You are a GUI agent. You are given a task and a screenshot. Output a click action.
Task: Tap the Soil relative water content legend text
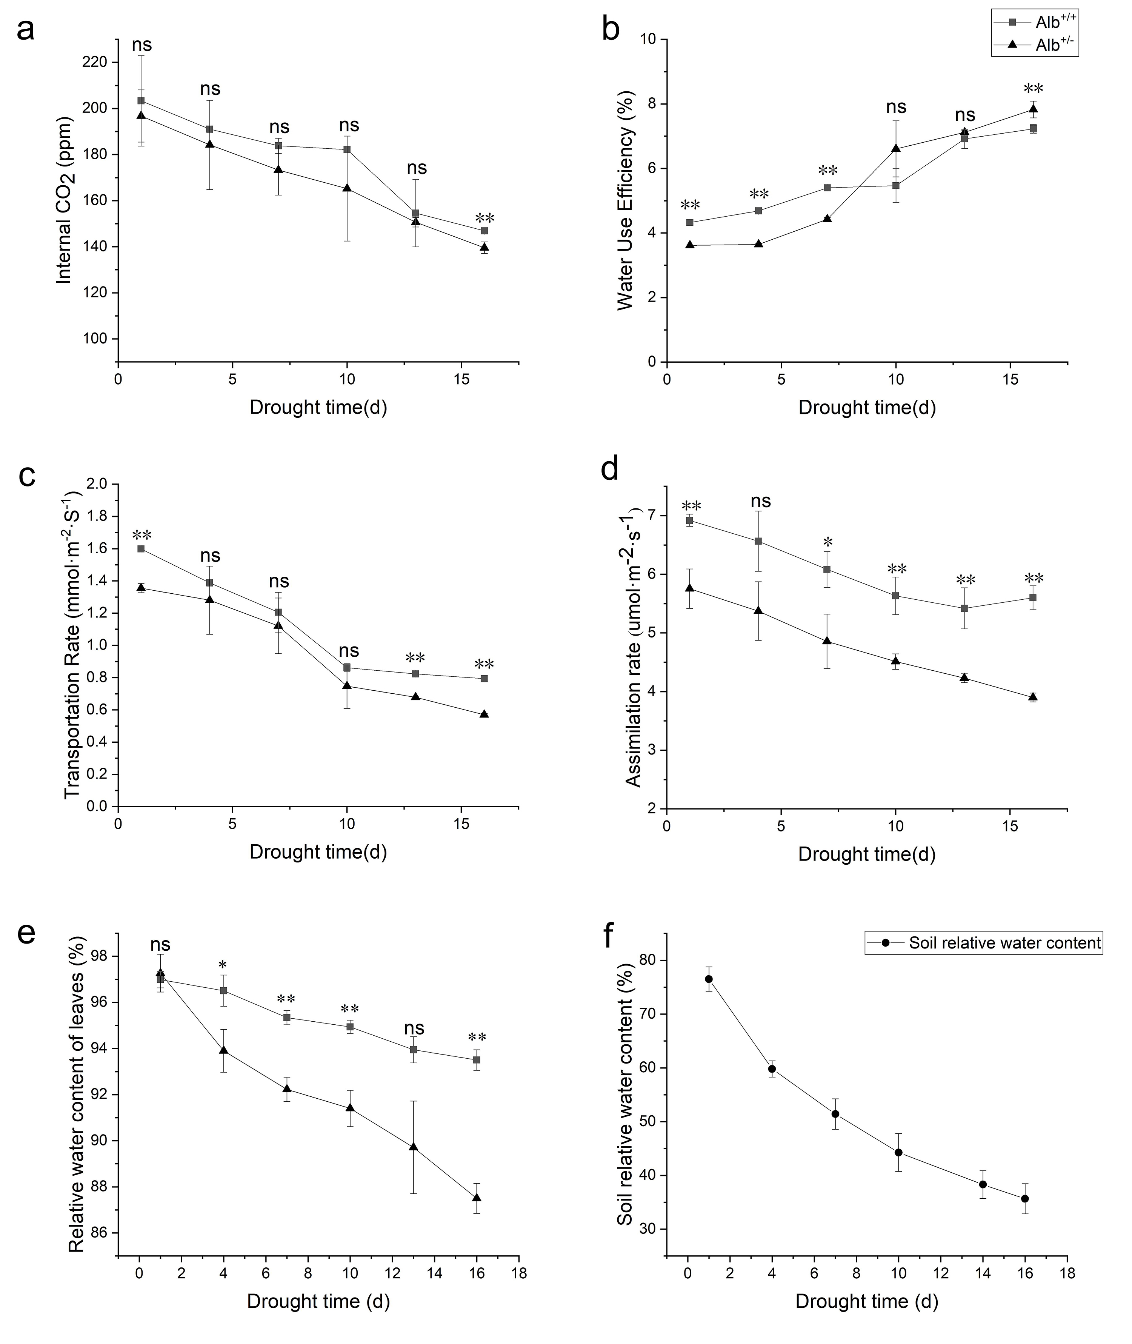[1005, 943]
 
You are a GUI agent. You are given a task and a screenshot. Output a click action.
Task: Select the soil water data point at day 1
[709, 979]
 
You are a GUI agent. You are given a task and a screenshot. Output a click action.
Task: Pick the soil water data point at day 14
[983, 1184]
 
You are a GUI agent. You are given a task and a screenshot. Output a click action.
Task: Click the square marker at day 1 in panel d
[690, 520]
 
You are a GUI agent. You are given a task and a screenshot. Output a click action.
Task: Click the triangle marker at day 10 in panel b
[896, 148]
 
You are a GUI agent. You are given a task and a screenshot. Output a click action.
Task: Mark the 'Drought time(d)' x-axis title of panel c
[318, 852]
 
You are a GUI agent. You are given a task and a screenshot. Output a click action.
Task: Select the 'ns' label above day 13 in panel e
[415, 1028]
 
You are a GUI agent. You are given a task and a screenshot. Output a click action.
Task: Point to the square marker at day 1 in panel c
[140, 549]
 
